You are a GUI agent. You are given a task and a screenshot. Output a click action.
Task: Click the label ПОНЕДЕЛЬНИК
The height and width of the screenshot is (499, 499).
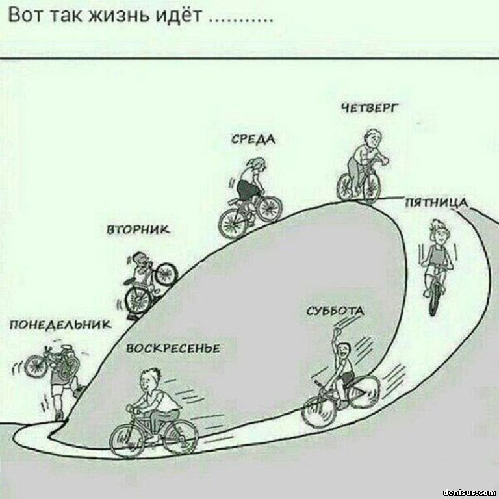[x=61, y=325]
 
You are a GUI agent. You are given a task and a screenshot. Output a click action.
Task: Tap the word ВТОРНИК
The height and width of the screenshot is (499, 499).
[x=138, y=229]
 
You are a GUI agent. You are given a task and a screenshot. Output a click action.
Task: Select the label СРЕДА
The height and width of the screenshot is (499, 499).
[x=253, y=140]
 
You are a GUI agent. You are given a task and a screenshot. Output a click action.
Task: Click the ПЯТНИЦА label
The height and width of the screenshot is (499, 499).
[x=437, y=203]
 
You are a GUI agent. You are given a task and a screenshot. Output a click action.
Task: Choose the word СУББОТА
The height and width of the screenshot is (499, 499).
[x=335, y=311]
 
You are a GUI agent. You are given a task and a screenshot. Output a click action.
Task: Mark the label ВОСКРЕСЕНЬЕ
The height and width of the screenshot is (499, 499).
[x=173, y=348]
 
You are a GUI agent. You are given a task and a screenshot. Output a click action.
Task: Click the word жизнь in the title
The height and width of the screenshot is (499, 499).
[x=120, y=16]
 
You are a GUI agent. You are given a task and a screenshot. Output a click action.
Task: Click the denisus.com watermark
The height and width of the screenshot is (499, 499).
[x=470, y=492]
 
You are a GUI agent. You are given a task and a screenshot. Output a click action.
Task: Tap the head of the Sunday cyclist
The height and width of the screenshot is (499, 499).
[x=149, y=380]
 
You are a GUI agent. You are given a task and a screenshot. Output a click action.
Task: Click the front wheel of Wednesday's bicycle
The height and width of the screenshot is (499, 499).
[x=270, y=209]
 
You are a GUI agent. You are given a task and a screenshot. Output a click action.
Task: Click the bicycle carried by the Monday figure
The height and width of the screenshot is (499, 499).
[x=51, y=365]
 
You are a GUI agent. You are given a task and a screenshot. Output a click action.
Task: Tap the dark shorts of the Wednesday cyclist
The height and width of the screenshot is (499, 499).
[x=247, y=190]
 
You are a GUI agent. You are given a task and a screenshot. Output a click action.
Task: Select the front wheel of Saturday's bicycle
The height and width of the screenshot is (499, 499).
[x=364, y=392]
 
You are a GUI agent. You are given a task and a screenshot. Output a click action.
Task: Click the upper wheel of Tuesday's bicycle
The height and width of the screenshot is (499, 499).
[x=166, y=274]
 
